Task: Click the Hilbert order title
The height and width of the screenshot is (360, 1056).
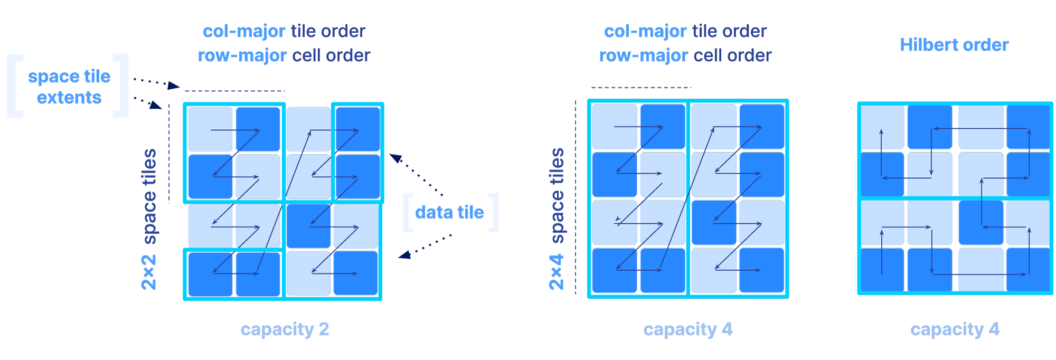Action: (954, 45)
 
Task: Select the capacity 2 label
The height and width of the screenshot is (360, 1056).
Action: (285, 329)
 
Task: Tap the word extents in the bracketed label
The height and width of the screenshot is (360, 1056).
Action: (69, 98)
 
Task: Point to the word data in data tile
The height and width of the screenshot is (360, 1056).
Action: (433, 212)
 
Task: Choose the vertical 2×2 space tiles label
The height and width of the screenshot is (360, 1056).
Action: (149, 219)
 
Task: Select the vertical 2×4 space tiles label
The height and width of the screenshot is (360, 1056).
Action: (557, 219)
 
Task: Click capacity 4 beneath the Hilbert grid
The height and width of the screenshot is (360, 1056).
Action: (955, 329)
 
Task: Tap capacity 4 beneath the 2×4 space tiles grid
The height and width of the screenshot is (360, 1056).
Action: (687, 329)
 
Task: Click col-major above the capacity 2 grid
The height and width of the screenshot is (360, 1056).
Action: (244, 31)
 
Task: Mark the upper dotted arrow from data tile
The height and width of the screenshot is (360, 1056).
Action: (417, 174)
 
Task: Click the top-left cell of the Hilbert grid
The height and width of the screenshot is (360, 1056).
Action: (882, 128)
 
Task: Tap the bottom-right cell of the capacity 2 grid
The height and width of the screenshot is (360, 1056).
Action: (355, 273)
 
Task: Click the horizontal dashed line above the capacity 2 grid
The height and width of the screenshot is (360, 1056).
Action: (235, 91)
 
